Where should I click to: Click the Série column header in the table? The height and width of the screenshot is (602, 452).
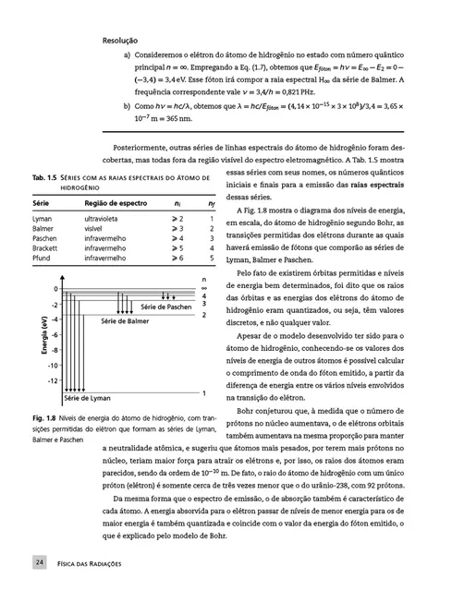41,201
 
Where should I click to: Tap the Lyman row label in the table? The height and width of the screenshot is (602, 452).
42,218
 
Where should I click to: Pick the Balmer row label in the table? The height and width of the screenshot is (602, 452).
42,228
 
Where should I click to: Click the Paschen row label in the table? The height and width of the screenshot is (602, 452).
43,238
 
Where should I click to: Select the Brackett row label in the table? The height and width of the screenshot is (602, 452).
43,248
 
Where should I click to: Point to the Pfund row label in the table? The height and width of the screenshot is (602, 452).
41,259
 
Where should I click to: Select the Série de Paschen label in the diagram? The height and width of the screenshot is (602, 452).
166,306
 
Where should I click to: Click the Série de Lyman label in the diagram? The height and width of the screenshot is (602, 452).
87,398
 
